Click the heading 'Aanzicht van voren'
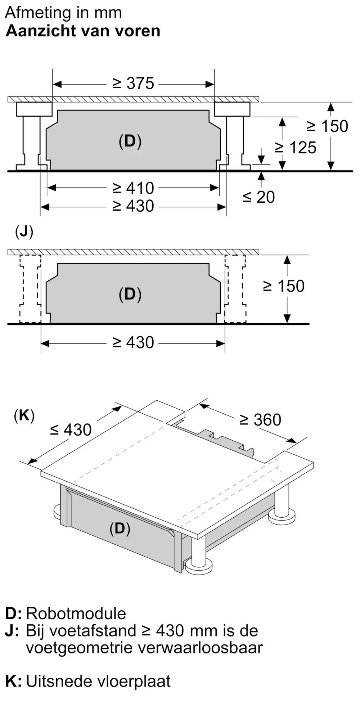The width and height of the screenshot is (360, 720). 83,31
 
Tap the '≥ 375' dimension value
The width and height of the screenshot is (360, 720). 133,84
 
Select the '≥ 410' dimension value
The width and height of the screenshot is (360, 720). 133,188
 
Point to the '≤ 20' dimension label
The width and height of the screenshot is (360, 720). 258,197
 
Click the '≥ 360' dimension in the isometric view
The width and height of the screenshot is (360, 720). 260,420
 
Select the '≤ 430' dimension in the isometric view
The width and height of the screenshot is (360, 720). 71,429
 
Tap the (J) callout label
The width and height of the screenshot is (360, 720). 24,232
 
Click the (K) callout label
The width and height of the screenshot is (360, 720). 24,416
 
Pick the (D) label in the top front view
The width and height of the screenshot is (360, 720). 130,141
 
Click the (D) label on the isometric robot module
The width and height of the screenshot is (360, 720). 120,528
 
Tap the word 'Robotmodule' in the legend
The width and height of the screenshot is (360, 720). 76,613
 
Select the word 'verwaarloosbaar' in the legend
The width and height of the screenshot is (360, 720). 200,648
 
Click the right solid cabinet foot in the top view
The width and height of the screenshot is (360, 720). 234,137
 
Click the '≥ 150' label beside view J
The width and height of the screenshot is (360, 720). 284,286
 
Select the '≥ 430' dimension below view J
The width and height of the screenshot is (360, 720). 133,343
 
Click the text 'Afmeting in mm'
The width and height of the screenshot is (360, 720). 63,13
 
